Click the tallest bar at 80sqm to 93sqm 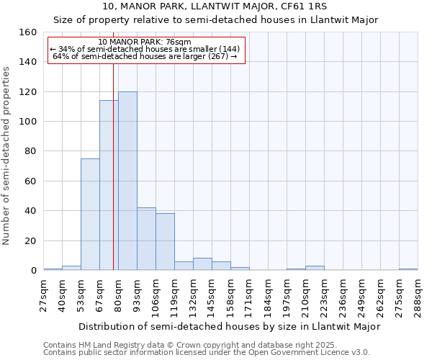coord(127,181)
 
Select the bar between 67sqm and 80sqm coord(109,185)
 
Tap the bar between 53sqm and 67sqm coord(90,215)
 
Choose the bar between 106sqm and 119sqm coord(165,242)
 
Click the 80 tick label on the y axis coord(31,152)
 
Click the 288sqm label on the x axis coord(418,294)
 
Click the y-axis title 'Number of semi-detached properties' coord(6,151)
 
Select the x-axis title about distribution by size coord(229,326)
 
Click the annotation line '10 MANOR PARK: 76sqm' coord(145,42)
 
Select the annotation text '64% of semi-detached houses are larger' coord(145,56)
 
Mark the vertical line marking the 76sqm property coord(113,180)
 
